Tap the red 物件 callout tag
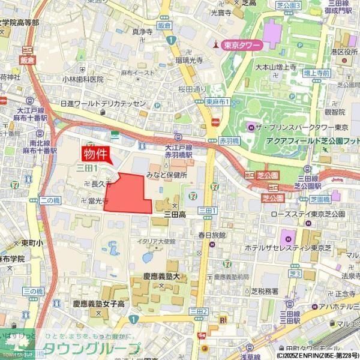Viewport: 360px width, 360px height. click(97, 154)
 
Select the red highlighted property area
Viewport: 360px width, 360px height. click(129, 194)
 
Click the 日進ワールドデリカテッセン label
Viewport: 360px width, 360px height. click(103, 104)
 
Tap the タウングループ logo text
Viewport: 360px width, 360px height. click(92, 349)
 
